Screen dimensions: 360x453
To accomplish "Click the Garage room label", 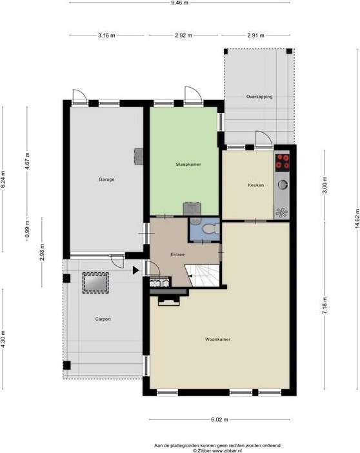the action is tap(106, 179).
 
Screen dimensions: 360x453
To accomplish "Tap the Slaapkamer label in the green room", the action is tap(188, 165).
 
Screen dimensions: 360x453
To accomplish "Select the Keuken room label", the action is tap(255, 185).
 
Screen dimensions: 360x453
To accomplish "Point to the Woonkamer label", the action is tap(218, 339).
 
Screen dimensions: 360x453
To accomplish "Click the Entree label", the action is tap(177, 254).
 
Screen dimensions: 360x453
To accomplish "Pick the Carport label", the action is tap(103, 319).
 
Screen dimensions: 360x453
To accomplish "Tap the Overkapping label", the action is tap(259, 97).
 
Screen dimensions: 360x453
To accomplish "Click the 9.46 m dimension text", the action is tap(179, 3).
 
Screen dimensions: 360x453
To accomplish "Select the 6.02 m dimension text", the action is tap(219, 419).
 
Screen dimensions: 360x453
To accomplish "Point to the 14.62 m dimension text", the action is tap(357, 218).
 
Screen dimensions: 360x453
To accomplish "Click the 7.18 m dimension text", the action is tap(325, 307).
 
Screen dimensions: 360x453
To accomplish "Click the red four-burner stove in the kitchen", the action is tap(283, 161).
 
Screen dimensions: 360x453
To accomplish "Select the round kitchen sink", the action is tap(283, 185).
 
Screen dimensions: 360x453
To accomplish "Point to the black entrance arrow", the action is tap(135, 270).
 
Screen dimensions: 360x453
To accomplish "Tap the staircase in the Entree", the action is tap(203, 276).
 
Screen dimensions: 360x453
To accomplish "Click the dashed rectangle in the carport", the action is tap(95, 283).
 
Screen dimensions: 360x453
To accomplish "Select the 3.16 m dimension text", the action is tap(106, 35).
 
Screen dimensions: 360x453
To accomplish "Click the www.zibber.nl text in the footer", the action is tap(227, 450).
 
